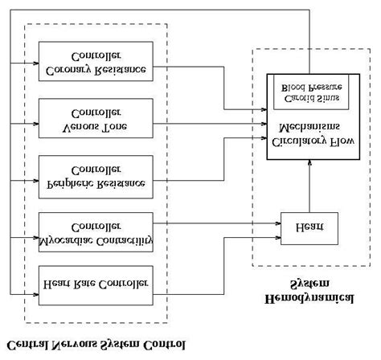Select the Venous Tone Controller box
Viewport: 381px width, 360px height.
[x=96, y=118]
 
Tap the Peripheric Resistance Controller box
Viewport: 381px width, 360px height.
[x=96, y=175]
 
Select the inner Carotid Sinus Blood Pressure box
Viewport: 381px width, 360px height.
[x=309, y=92]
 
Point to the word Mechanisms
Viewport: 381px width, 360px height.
[x=309, y=127]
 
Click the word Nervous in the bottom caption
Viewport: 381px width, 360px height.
[x=80, y=347]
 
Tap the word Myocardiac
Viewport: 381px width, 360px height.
[x=68, y=239]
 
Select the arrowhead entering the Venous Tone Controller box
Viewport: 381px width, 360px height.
[x=35, y=124]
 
